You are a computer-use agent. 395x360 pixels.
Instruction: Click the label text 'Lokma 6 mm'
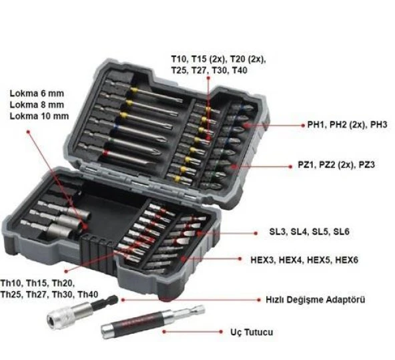[x=37, y=93]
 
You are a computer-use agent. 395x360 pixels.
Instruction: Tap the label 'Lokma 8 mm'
[x=37, y=104]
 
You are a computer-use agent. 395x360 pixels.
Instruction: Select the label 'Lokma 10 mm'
[x=39, y=116]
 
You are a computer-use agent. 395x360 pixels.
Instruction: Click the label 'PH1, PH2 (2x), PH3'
[x=347, y=125]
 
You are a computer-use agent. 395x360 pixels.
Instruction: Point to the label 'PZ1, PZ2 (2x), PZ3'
[x=346, y=164]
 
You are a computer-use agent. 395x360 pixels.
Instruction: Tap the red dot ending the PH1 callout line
[x=246, y=125]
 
